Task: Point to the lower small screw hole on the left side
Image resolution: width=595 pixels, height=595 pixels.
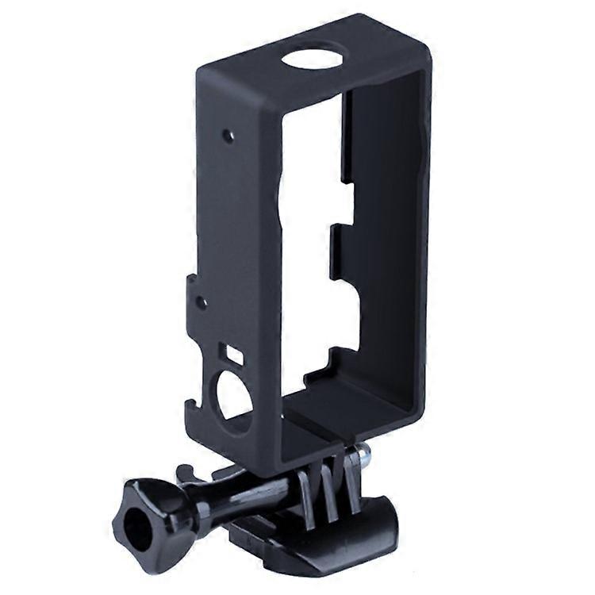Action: [202, 301]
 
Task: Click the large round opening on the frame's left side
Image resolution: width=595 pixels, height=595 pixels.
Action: [233, 394]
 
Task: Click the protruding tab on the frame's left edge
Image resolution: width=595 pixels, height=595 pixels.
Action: [193, 294]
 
